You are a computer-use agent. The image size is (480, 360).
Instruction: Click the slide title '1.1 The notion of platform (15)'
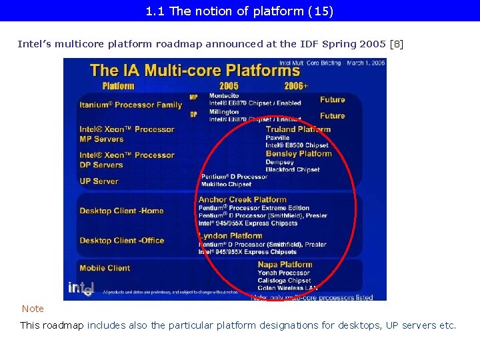tap(239, 11)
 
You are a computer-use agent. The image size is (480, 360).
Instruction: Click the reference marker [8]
tap(396, 44)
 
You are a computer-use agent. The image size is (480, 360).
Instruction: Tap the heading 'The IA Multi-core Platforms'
tap(195, 70)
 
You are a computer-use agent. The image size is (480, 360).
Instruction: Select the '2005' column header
tap(229, 86)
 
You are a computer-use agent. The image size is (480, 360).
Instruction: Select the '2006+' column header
tap(296, 86)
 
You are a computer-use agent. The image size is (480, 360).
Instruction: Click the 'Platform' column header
tap(118, 86)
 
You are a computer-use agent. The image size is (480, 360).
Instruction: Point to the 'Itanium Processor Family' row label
tap(131, 105)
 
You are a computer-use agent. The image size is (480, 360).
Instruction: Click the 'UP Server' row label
tap(99, 181)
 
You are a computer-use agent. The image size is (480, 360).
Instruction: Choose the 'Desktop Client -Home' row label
tap(121, 211)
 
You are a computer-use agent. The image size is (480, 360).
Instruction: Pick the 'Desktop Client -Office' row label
tap(121, 241)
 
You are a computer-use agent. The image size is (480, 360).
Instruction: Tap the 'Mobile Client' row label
tap(105, 268)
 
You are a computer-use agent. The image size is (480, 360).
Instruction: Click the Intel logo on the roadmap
tap(81, 287)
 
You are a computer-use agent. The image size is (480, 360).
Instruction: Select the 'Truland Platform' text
tap(298, 129)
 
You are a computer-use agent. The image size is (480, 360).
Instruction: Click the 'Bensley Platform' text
tap(299, 154)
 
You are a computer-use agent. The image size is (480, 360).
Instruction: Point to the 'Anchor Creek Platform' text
tap(242, 199)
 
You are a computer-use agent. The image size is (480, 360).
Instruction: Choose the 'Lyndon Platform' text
tap(231, 235)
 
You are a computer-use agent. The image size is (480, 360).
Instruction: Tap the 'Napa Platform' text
tap(285, 265)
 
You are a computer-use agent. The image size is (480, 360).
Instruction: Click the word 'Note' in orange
tap(33, 309)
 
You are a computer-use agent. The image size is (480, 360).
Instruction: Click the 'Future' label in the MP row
tap(332, 99)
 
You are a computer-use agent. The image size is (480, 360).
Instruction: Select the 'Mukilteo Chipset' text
tap(227, 185)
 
